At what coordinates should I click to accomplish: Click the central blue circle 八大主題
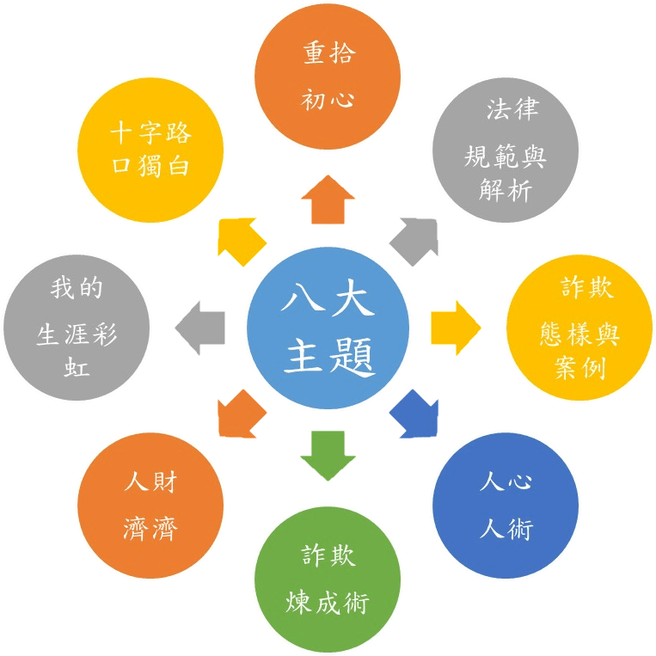point(328,328)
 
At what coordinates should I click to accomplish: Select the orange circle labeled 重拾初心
point(328,77)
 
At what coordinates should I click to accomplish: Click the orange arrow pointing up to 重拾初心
point(328,199)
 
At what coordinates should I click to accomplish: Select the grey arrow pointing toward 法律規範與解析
point(414,242)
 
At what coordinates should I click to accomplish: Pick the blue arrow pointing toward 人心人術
point(414,414)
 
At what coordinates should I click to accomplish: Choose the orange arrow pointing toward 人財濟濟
point(242,414)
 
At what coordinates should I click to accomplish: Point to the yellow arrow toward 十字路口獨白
point(242,242)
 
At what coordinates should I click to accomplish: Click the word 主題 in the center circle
point(328,354)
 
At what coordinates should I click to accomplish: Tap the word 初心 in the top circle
point(328,100)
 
